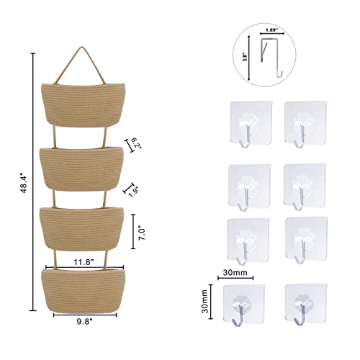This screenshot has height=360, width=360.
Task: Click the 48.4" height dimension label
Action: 24,183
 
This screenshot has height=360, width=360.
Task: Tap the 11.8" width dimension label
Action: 84,262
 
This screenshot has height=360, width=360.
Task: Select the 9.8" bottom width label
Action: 85,322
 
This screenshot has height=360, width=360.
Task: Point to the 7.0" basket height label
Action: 142,234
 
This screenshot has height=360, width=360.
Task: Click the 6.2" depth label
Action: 137,143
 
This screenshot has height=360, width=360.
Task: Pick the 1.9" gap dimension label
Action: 133,191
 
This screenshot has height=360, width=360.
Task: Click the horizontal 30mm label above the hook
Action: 235,273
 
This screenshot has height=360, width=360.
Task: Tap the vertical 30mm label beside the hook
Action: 204,301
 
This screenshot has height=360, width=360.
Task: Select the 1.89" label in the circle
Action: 271,30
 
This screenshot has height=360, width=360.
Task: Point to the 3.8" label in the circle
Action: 245,58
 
